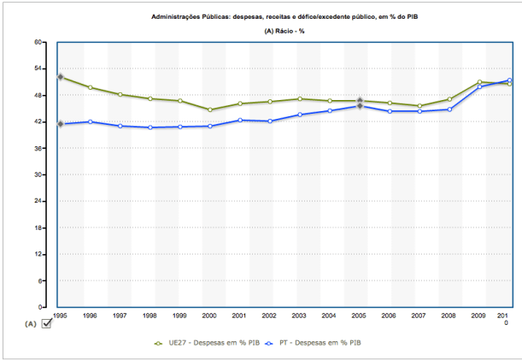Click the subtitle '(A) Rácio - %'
[284, 31]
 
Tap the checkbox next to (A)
[46, 322]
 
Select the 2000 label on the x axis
[210, 316]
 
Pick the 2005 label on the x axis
[360, 316]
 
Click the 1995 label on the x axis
[60, 316]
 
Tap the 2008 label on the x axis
[449, 316]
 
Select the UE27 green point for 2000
[210, 109]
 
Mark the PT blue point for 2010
[509, 80]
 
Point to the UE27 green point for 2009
[479, 82]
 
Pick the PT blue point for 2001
[240, 120]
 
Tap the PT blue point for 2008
[449, 109]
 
